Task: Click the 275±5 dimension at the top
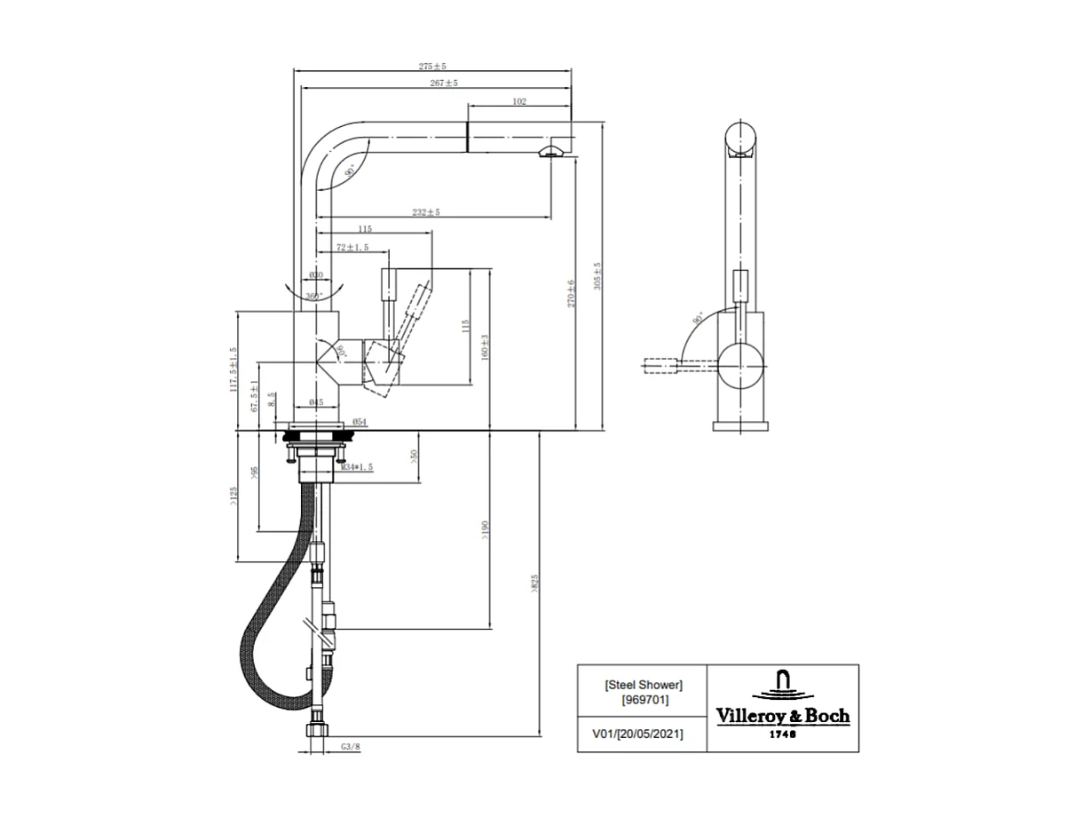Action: pyautogui.click(x=431, y=67)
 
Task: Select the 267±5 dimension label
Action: pyautogui.click(x=443, y=83)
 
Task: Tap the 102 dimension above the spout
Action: pyautogui.click(x=519, y=102)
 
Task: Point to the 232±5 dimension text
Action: pyautogui.click(x=426, y=212)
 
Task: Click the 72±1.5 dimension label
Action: pyautogui.click(x=352, y=247)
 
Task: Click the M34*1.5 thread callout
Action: pyautogui.click(x=356, y=466)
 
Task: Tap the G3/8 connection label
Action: pyautogui.click(x=351, y=747)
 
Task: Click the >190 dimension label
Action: pyautogui.click(x=485, y=529)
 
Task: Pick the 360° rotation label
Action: pyautogui.click(x=314, y=295)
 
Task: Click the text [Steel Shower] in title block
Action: pyautogui.click(x=643, y=685)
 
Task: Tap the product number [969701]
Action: pyautogui.click(x=643, y=700)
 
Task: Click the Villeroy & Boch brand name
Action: pyautogui.click(x=783, y=716)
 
